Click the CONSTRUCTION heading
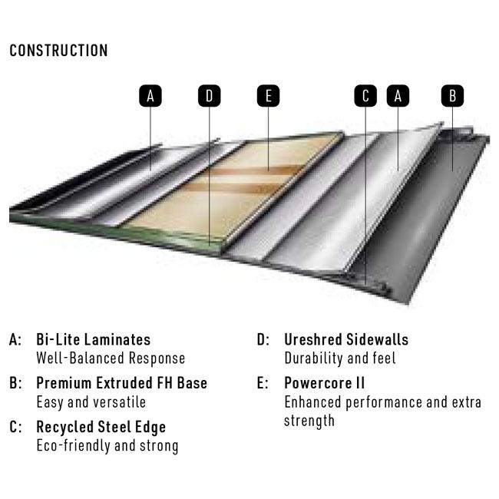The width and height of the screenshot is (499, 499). [58, 51]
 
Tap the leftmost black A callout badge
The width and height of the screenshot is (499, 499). [150, 96]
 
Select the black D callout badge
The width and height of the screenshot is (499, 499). [210, 96]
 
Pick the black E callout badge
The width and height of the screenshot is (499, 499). [268, 96]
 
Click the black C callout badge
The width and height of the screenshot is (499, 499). [365, 96]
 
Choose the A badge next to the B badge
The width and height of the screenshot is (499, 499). [398, 96]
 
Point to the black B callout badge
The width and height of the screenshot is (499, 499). [452, 96]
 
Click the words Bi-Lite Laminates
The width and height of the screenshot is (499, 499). [93, 339]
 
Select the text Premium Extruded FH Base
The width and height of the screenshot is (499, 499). [121, 383]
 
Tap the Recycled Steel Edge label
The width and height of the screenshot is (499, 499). [101, 428]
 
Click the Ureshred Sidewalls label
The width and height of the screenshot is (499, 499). [346, 339]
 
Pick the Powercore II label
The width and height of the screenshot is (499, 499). [324, 383]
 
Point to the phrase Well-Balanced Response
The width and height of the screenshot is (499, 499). [111, 359]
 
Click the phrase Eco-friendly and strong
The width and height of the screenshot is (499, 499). [107, 446]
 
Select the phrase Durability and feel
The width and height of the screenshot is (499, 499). [340, 359]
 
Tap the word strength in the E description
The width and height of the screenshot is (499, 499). [309, 421]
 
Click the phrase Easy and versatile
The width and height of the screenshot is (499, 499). [91, 402]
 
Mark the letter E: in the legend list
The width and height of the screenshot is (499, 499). [263, 383]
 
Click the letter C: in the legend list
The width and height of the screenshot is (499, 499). [15, 427]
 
